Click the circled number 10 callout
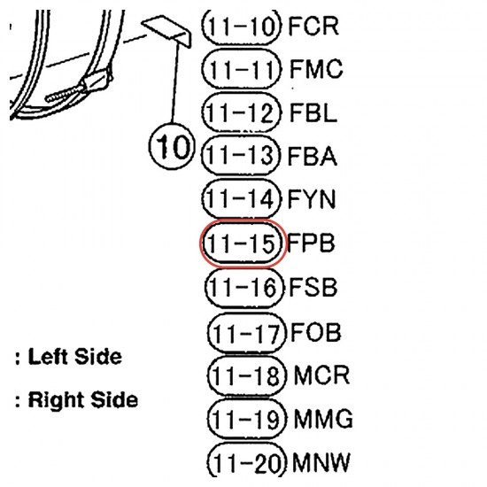tap(172, 146)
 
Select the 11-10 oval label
tap(242, 26)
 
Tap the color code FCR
tap(313, 26)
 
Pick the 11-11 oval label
tap(242, 69)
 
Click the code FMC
tap(316, 69)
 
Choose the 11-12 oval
tap(242, 112)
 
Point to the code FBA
tap(313, 156)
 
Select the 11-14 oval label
tap(242, 198)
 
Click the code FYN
tap(312, 199)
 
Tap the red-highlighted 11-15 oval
tap(242, 243)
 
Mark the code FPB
tap(311, 243)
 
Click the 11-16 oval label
tap(244, 287)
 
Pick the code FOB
tap(316, 332)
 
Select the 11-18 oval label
tap(246, 375)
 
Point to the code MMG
tap(323, 419)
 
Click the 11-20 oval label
tap(246, 462)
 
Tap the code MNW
tap(321, 462)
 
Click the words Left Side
tap(75, 356)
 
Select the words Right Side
tap(83, 399)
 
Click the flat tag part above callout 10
tap(166, 30)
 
